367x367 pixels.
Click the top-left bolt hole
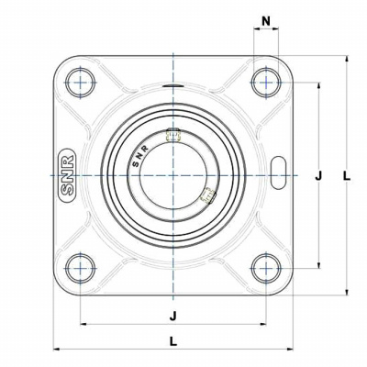(81, 83)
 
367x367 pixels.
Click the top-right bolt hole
(266, 83)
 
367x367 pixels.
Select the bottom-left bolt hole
(81, 269)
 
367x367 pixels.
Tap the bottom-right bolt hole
(266, 269)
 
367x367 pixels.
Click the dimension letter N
(266, 21)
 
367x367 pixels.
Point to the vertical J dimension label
(318, 176)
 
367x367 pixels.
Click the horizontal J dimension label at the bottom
(173, 316)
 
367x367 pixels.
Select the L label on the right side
(347, 176)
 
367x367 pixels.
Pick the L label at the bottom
(173, 341)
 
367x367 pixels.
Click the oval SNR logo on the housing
(67, 175)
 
